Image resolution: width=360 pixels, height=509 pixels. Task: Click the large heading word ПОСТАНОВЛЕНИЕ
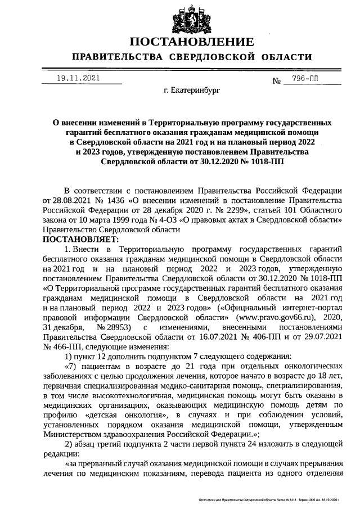tap(192, 43)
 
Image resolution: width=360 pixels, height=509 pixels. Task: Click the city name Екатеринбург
tap(192, 90)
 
